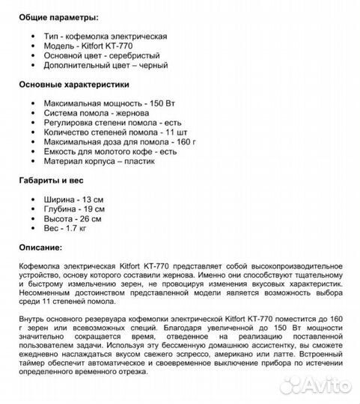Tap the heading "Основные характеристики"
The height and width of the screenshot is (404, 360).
coord(75,85)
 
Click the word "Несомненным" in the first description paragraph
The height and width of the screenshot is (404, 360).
coord(49,294)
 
